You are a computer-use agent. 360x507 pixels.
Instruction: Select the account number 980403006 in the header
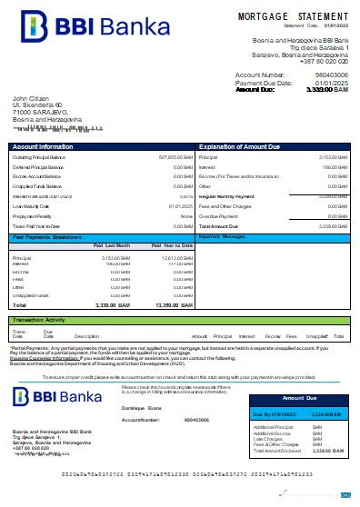pos(329,75)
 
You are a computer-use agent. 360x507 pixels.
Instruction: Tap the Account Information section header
pos(43,145)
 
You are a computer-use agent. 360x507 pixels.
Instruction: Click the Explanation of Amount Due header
pos(240,145)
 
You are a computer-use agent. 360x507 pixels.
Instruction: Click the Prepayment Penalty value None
pos(186,216)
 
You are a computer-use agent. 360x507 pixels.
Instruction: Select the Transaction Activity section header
pos(44,320)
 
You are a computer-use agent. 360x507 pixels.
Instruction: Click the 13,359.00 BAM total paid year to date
pos(174,306)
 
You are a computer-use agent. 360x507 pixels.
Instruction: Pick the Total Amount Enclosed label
pos(278,451)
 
